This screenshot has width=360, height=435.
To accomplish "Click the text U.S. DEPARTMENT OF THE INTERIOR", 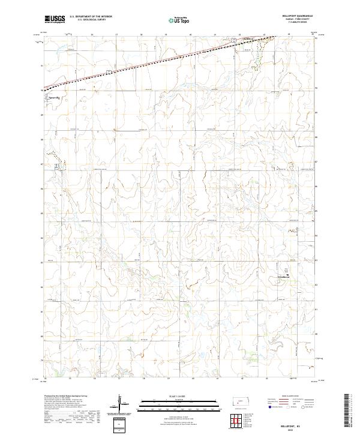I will coord(91,17).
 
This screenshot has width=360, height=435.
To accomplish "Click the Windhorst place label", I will coord(284,277).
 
